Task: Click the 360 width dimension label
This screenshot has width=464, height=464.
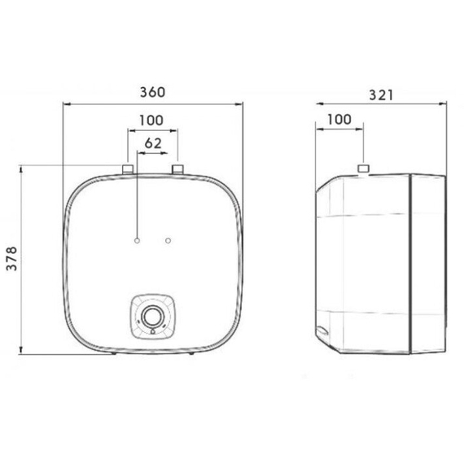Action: pyautogui.click(x=152, y=92)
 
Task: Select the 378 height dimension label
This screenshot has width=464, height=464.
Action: pyautogui.click(x=12, y=258)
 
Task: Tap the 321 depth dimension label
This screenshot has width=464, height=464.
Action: pyautogui.click(x=382, y=95)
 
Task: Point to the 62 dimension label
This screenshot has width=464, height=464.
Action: pyautogui.click(x=153, y=143)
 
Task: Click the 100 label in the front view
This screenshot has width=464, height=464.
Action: pyautogui.click(x=151, y=120)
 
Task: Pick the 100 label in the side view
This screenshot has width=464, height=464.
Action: pyautogui.click(x=339, y=119)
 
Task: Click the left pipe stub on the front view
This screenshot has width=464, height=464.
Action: pyautogui.click(x=128, y=169)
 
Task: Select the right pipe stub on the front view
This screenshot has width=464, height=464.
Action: pyautogui.click(x=177, y=169)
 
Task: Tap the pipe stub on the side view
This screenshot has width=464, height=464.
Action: pyautogui.click(x=364, y=169)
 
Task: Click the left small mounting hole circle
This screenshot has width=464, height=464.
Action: pyautogui.click(x=137, y=241)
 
